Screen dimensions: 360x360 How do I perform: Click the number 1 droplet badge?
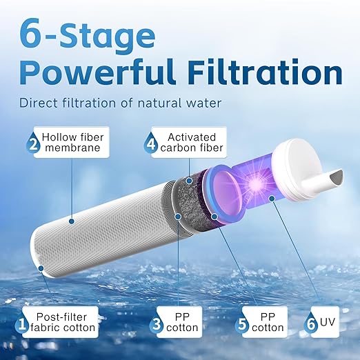[x=23, y=324]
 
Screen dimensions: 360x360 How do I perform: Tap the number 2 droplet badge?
[x=32, y=145]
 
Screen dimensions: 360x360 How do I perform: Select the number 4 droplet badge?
[x=152, y=145]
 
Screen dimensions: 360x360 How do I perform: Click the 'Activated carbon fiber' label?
[x=190, y=143]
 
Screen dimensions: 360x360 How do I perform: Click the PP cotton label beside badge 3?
[x=186, y=322]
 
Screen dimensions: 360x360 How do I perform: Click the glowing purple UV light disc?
[x=249, y=187]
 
